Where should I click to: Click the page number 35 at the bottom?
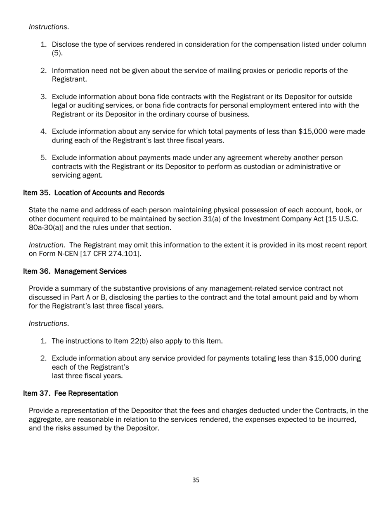[196, 480]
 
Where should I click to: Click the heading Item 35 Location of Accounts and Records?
[94, 193]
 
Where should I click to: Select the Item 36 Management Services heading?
[75, 271]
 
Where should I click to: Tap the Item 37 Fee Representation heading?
[71, 393]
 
